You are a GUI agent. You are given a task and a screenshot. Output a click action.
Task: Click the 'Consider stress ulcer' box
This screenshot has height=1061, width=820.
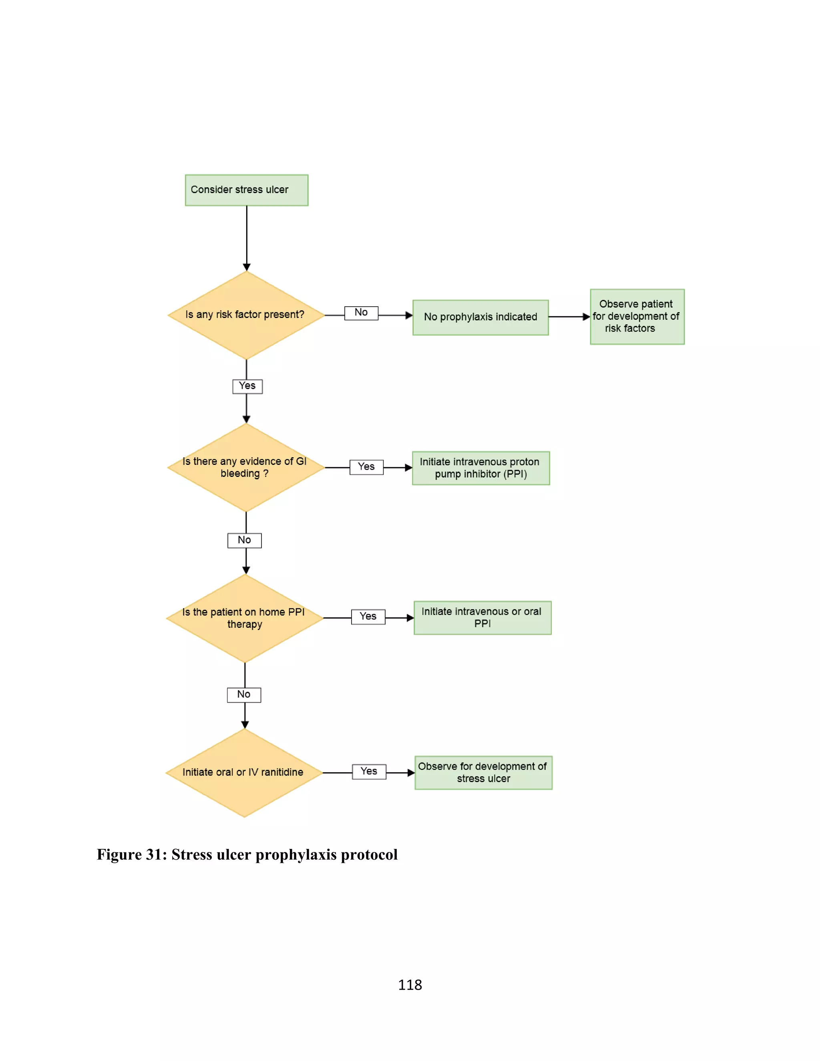(246, 190)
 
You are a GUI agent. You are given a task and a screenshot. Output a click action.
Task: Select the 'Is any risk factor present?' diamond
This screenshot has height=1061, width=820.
(246, 315)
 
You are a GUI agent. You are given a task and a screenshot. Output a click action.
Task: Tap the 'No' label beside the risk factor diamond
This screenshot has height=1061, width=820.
(361, 313)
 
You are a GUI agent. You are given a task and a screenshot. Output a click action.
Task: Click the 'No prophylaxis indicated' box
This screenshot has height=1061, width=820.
(480, 317)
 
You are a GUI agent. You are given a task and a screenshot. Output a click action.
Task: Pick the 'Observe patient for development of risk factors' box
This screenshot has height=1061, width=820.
(637, 317)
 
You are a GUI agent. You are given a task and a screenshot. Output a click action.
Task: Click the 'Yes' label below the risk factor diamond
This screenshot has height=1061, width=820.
(247, 386)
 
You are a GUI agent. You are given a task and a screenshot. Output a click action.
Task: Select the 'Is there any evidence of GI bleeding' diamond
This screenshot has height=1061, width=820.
(245, 467)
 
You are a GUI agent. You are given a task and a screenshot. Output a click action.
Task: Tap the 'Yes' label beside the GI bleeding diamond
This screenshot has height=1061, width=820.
(366, 467)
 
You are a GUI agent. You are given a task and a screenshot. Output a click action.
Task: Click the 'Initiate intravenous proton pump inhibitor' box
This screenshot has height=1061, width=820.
(480, 468)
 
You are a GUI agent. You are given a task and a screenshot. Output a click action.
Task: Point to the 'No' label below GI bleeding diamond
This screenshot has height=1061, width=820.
(244, 540)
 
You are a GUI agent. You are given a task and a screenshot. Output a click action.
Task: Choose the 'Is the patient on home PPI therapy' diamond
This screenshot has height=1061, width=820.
(244, 618)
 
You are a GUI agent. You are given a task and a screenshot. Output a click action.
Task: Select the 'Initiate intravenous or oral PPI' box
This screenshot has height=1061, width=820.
(482, 617)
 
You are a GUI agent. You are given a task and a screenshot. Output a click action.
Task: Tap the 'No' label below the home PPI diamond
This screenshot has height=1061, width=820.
(244, 695)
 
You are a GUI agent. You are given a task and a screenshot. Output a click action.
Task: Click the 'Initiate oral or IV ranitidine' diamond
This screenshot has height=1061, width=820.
(244, 772)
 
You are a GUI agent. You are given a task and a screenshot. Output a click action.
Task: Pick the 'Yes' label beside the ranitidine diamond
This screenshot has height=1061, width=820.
(369, 772)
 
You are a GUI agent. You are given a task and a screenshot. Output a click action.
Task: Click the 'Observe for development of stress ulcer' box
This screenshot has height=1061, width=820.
(483, 772)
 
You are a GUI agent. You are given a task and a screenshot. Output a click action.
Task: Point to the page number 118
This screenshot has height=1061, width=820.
(410, 985)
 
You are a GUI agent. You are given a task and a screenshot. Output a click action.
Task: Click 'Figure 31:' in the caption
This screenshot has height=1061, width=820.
(132, 854)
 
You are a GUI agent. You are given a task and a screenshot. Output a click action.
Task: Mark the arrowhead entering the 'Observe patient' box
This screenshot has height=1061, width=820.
(586, 317)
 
